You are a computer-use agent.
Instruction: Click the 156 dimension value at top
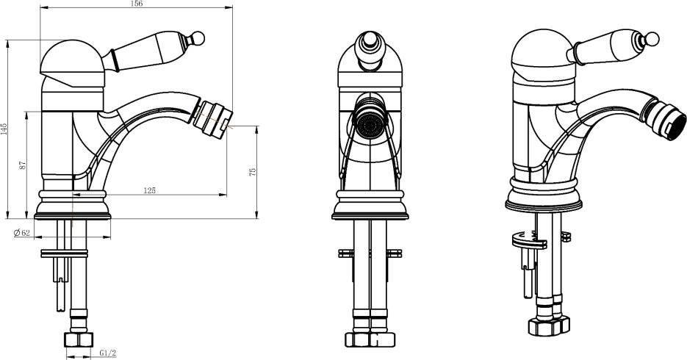137,4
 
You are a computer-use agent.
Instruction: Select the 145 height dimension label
4,129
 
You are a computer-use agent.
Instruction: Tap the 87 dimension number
24,165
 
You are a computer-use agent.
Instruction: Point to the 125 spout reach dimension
149,190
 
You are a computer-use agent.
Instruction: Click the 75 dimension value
252,172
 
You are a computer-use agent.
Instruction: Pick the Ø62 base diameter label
22,233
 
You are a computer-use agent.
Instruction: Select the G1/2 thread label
108,353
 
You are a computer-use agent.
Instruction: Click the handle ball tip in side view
198,37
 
